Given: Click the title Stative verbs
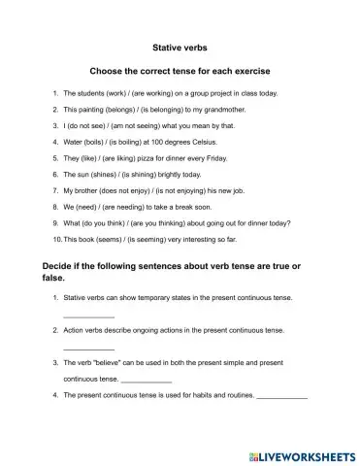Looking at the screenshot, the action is (180, 46).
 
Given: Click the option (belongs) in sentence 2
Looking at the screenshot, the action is (111, 110).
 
